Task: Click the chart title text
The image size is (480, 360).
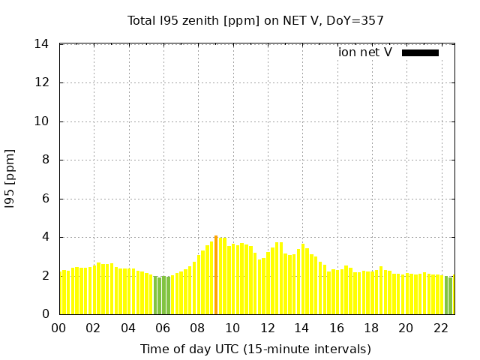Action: pos(255,20)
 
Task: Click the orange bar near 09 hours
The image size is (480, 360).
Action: pos(216,274)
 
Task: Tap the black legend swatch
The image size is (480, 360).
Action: pos(420,52)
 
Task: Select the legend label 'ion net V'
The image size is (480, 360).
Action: pos(364,52)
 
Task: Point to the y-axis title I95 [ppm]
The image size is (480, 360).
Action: pos(10,179)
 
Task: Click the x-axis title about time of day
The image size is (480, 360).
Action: pos(255,349)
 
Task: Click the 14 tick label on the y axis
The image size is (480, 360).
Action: pos(42,44)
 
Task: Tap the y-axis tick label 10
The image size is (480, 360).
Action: pos(42,121)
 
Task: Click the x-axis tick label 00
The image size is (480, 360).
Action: pos(59,328)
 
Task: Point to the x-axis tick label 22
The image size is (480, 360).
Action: pos(441,328)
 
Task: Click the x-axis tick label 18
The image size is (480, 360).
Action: pos(371,328)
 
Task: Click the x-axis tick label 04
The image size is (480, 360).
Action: pos(129,328)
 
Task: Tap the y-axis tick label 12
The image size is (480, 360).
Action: pos(42,82)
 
